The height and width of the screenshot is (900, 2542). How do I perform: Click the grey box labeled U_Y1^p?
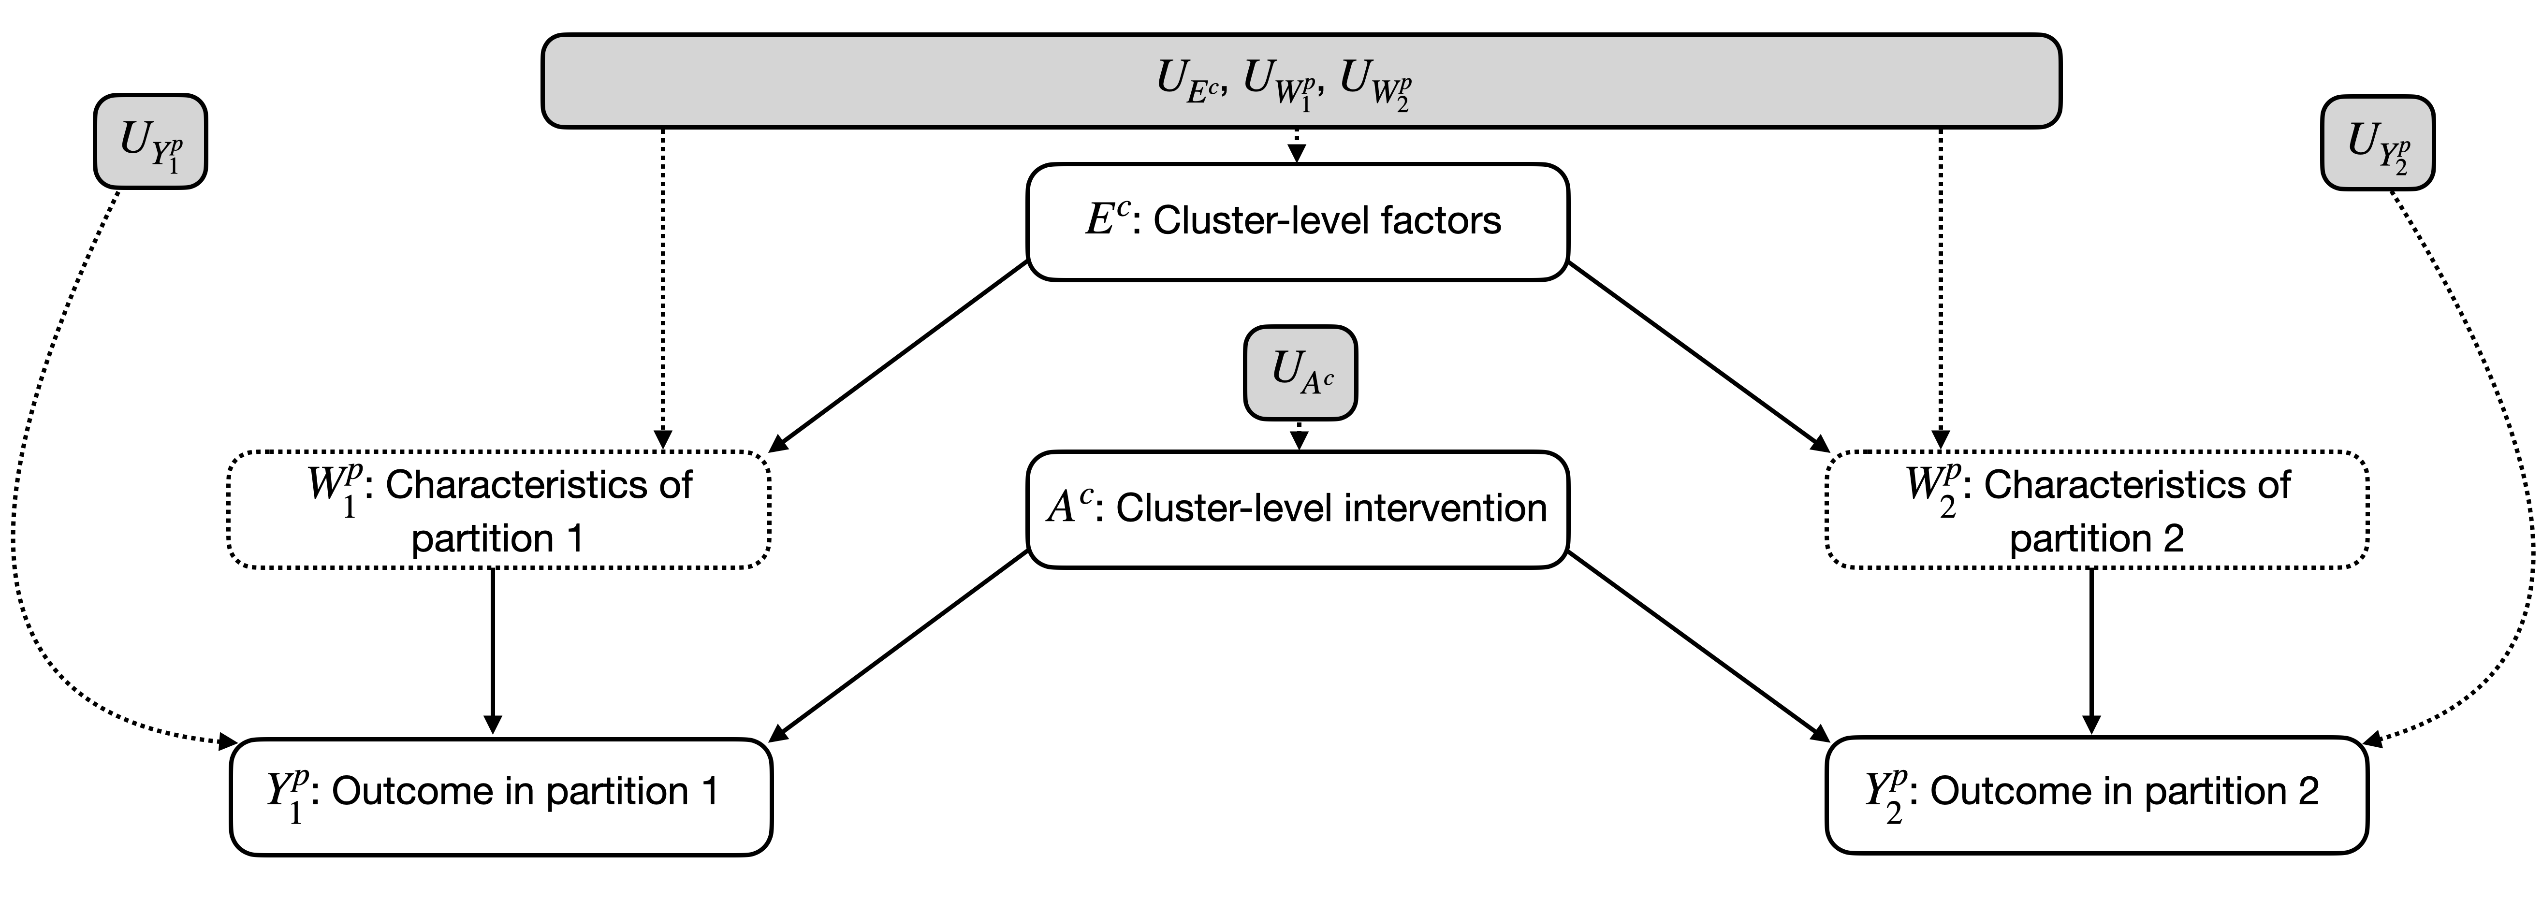[x=150, y=141]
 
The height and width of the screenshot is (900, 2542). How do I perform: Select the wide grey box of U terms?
[x=1300, y=81]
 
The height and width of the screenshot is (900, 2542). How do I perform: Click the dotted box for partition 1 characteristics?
[x=498, y=510]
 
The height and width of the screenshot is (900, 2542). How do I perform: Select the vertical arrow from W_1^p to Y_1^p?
[x=493, y=652]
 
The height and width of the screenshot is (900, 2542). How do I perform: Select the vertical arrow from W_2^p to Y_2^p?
[x=2091, y=652]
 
